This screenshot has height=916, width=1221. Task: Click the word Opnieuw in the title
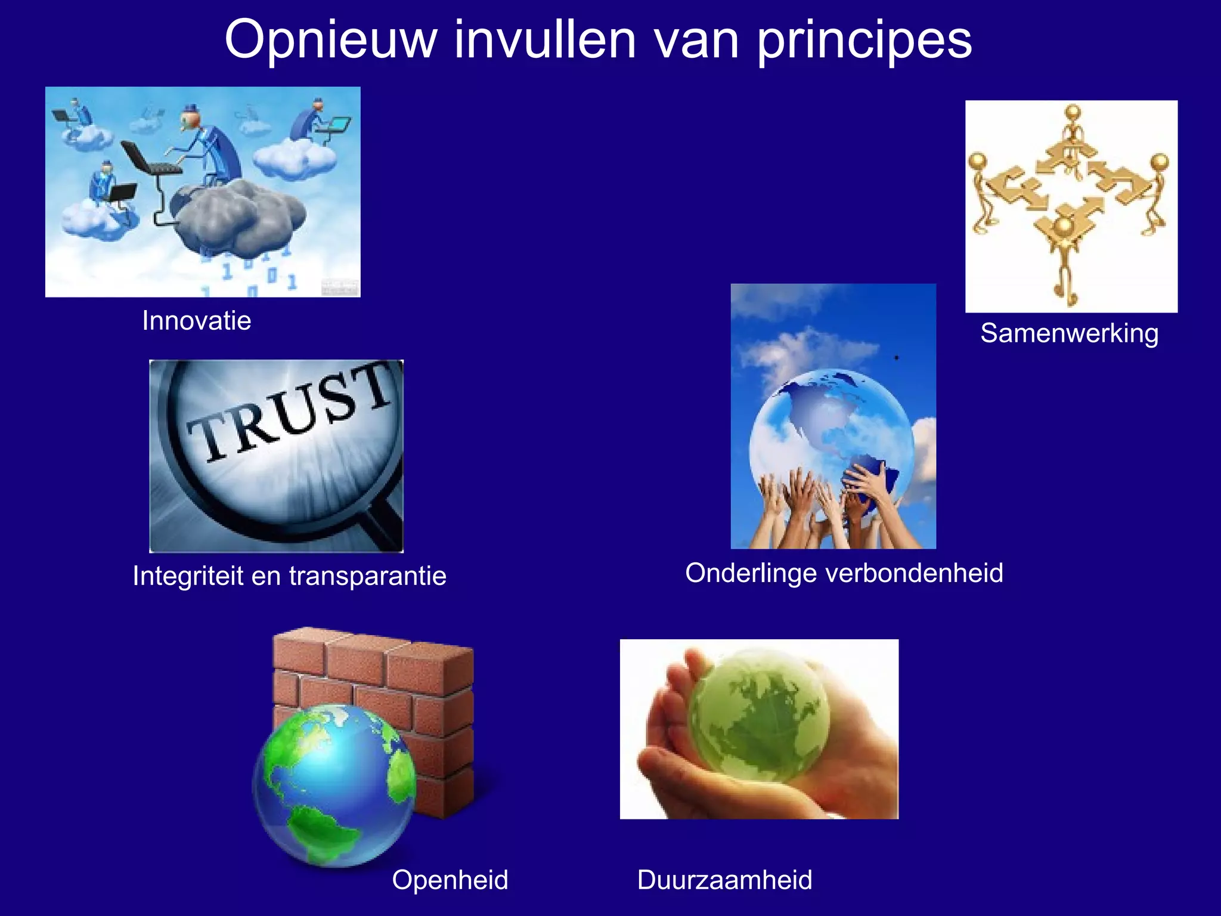[x=331, y=41]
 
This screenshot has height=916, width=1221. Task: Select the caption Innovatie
[x=197, y=321]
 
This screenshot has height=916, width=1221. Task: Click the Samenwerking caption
[x=1070, y=333]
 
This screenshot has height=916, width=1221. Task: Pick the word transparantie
[x=367, y=576]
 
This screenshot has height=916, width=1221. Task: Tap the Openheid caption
[x=450, y=880]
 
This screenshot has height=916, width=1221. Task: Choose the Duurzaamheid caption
[x=724, y=880]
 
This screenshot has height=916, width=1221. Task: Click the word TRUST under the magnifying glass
[x=289, y=414]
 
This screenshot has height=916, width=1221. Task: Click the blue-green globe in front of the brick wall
[x=334, y=784]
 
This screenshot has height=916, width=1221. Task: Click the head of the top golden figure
[x=1073, y=112]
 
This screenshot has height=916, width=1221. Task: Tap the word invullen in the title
[x=546, y=41]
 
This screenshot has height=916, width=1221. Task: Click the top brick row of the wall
[x=373, y=653]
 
